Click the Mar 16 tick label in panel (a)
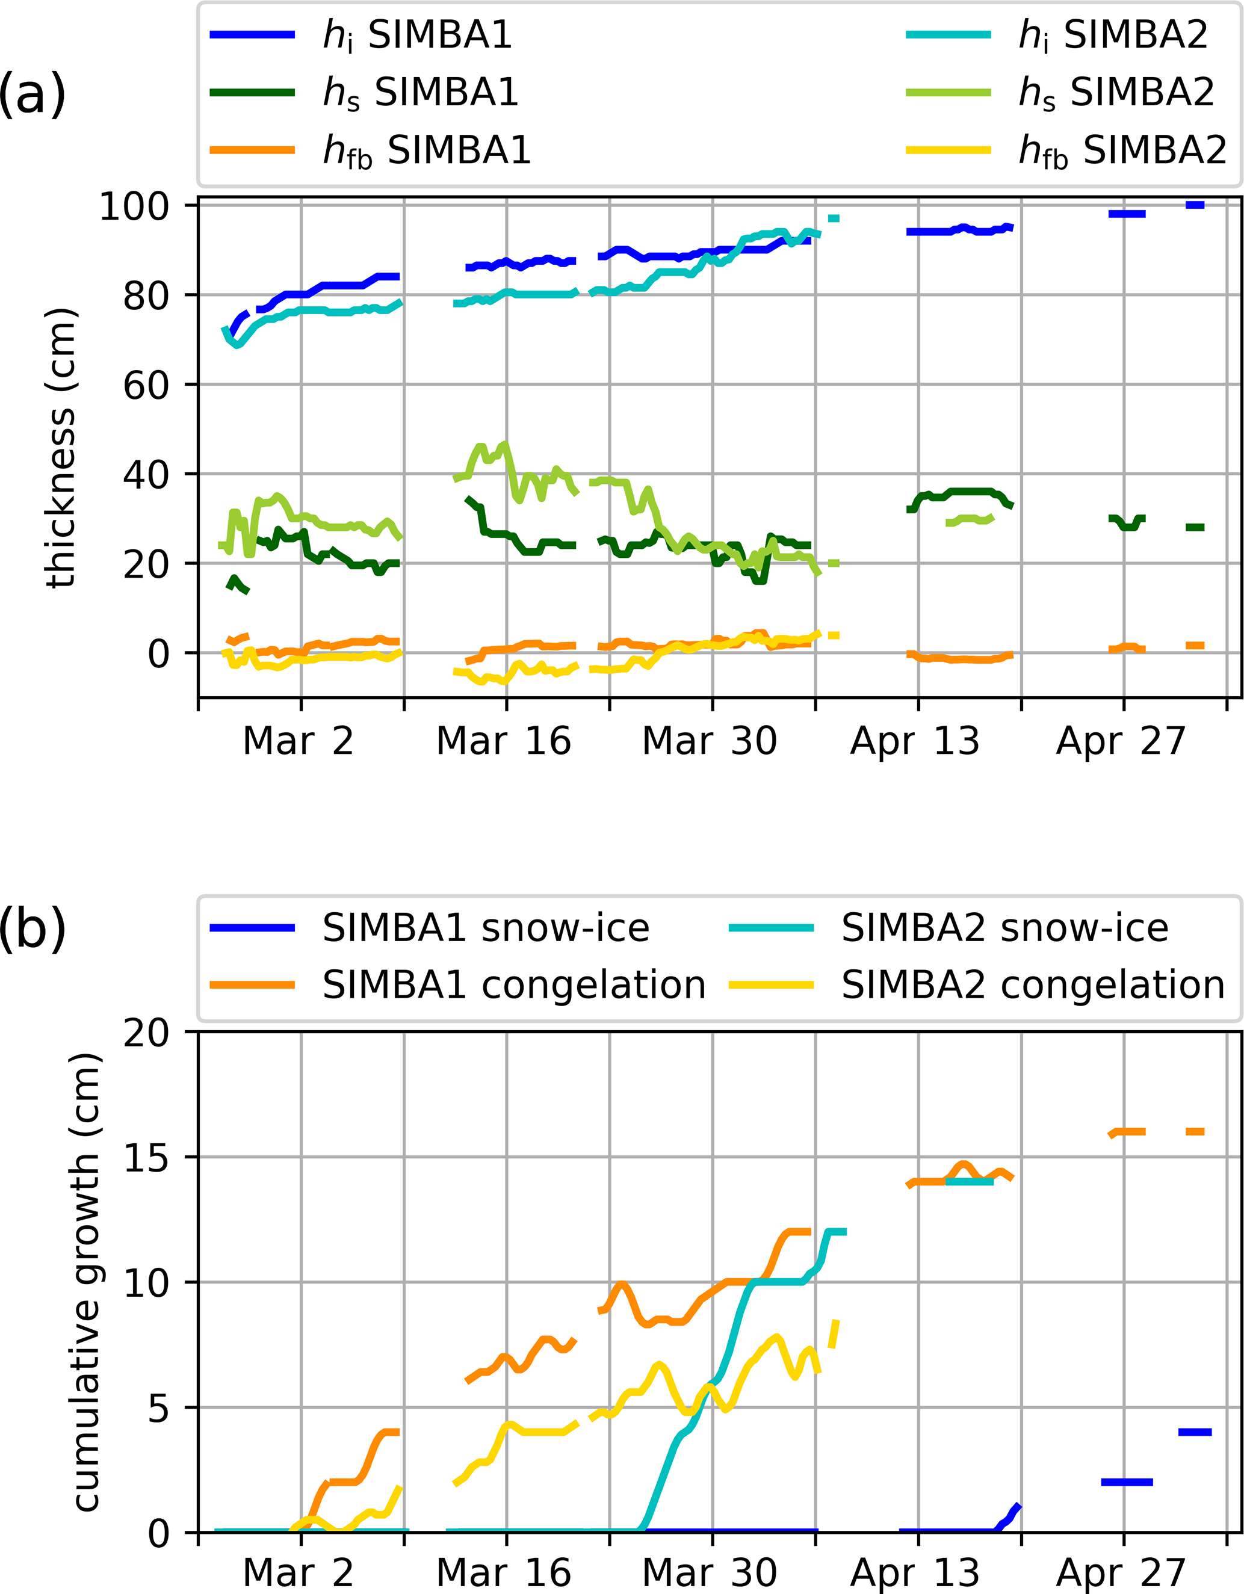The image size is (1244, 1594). click(x=503, y=741)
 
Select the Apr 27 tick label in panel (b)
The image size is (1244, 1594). click(x=1121, y=1574)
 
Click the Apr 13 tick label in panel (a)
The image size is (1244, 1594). click(x=914, y=741)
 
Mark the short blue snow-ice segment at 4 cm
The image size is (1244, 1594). click(x=1195, y=1432)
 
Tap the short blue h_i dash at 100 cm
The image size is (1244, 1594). click(x=1195, y=205)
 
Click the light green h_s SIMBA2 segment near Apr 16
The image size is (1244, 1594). click(x=970, y=520)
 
